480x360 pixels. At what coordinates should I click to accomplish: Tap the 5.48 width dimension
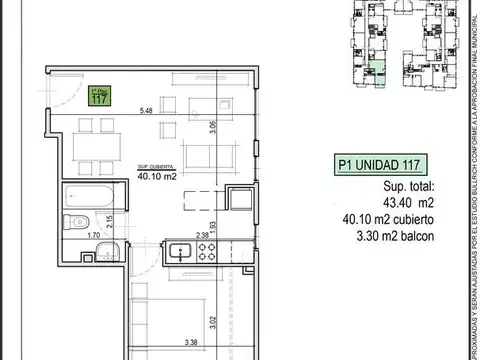[x=147, y=110]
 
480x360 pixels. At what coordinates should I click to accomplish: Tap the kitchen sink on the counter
[x=182, y=249]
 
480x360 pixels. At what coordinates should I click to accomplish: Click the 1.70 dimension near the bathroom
[x=92, y=237]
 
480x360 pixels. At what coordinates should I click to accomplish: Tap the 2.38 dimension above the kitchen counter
[x=202, y=236]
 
